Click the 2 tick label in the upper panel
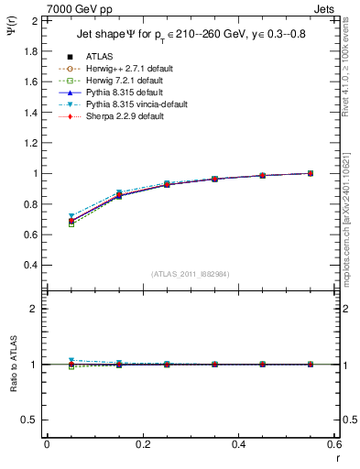[x=35, y=20]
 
